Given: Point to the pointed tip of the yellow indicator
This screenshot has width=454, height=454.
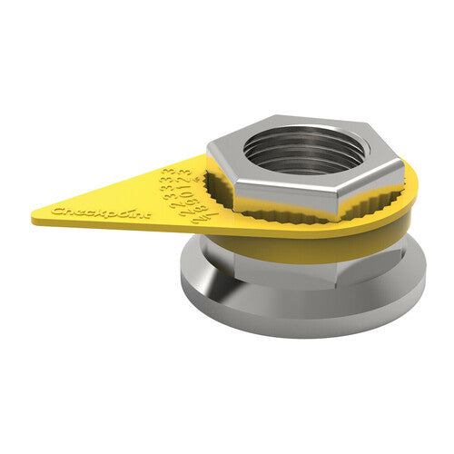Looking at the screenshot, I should (34, 219).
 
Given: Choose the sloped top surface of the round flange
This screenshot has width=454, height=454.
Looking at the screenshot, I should (227, 272).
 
